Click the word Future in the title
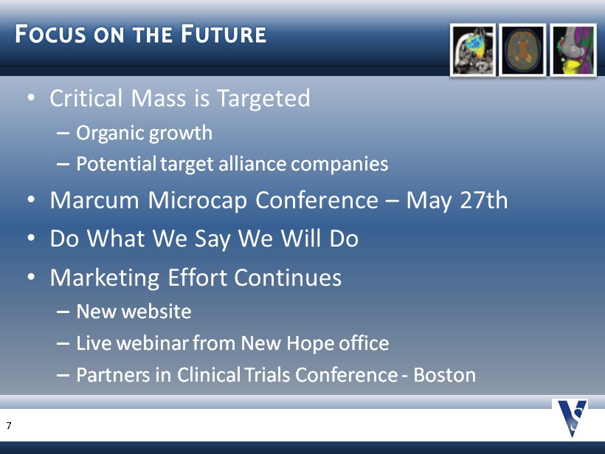(224, 33)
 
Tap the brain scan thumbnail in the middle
(522, 50)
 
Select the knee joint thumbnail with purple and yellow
(573, 50)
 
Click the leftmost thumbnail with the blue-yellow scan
(473, 50)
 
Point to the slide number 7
(9, 425)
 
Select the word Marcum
(94, 200)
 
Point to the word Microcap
(197, 201)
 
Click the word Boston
(444, 374)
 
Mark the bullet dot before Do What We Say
(31, 238)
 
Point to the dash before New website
(63, 312)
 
